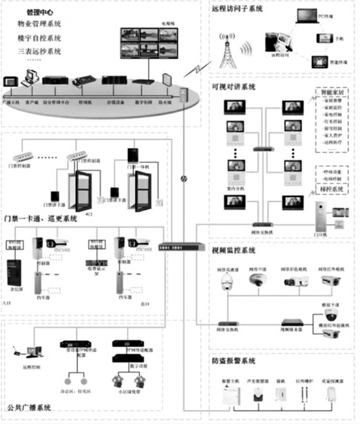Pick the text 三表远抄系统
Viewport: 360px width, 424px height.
pyautogui.click(x=40, y=51)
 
